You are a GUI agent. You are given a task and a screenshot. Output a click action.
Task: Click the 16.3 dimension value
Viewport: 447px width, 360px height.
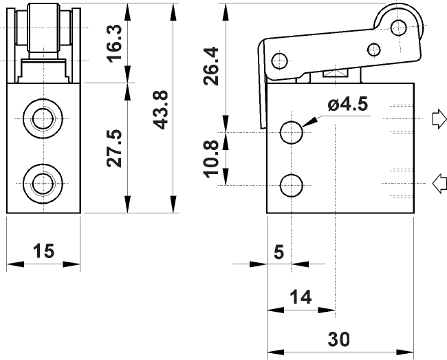point(114,43)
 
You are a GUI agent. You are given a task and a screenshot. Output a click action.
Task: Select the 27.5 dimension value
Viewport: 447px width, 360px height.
point(114,148)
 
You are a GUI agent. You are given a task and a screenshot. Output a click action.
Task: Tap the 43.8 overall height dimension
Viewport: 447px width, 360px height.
point(160,110)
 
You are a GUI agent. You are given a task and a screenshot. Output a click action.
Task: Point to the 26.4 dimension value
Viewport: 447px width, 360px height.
point(210,66)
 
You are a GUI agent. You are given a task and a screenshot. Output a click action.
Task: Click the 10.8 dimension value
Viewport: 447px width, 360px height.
point(210,159)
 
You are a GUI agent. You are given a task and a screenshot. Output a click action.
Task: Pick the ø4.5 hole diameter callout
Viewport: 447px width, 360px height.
point(348,104)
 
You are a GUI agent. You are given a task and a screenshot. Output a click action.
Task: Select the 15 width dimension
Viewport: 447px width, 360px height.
point(43,251)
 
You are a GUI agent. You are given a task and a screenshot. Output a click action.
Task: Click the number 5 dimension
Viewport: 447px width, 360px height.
point(279,252)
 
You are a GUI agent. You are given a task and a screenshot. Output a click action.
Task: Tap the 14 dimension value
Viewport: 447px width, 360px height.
point(301,297)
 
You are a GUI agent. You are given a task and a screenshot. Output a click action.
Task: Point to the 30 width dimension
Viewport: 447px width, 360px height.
point(338,339)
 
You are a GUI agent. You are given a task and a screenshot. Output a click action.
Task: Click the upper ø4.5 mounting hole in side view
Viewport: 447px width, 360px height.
point(291,132)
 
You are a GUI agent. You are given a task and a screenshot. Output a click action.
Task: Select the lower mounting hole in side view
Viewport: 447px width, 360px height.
point(291,185)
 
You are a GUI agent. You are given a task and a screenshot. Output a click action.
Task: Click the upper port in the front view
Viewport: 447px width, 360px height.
point(43,118)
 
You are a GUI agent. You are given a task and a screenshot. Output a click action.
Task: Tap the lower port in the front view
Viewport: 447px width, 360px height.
point(43,183)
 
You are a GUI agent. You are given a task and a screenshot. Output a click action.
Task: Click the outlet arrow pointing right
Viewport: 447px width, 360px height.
point(439,118)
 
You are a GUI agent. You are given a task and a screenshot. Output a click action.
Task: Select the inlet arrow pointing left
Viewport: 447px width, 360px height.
point(439,183)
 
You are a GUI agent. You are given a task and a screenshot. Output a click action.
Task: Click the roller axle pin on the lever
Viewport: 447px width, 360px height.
point(399,28)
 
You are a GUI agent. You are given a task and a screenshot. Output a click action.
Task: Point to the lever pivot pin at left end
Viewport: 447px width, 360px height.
point(279,61)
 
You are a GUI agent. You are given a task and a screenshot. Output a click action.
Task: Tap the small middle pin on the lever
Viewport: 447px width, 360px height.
point(374,50)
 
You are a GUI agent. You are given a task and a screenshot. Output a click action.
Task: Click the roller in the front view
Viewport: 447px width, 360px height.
point(43,28)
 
